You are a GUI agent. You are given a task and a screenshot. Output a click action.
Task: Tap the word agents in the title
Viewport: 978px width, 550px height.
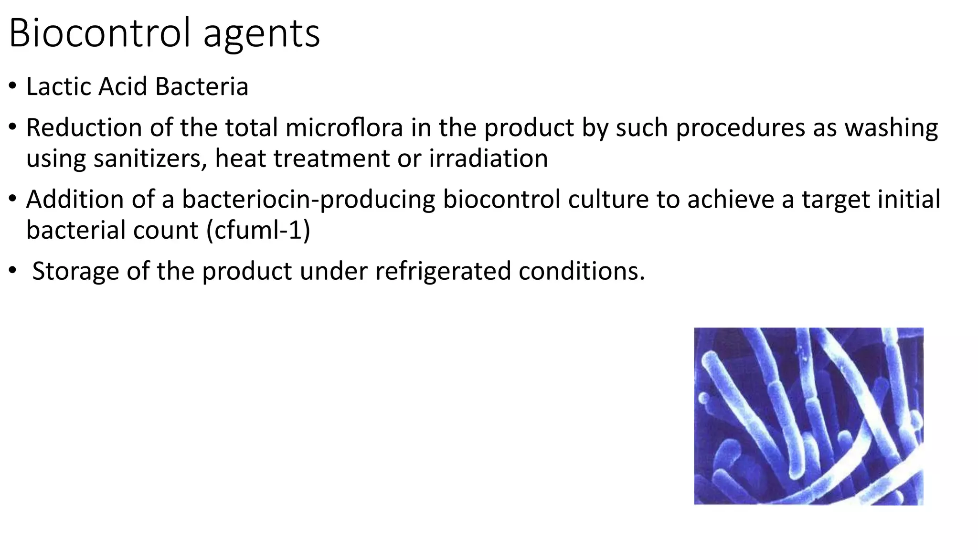pos(261,34)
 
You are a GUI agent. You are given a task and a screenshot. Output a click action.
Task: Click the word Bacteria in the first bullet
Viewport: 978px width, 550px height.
pos(202,86)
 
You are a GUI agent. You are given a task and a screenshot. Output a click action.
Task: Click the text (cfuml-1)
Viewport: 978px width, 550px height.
pos(258,230)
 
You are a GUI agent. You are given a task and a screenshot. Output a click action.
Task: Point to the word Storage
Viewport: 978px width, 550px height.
pos(75,271)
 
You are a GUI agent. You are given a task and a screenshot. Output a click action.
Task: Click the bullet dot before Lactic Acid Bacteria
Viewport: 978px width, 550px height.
pos(12,86)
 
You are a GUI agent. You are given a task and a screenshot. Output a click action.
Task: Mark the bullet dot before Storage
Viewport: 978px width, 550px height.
pos(12,271)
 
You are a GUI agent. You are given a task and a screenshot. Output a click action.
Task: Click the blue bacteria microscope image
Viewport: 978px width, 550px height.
pos(808,416)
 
